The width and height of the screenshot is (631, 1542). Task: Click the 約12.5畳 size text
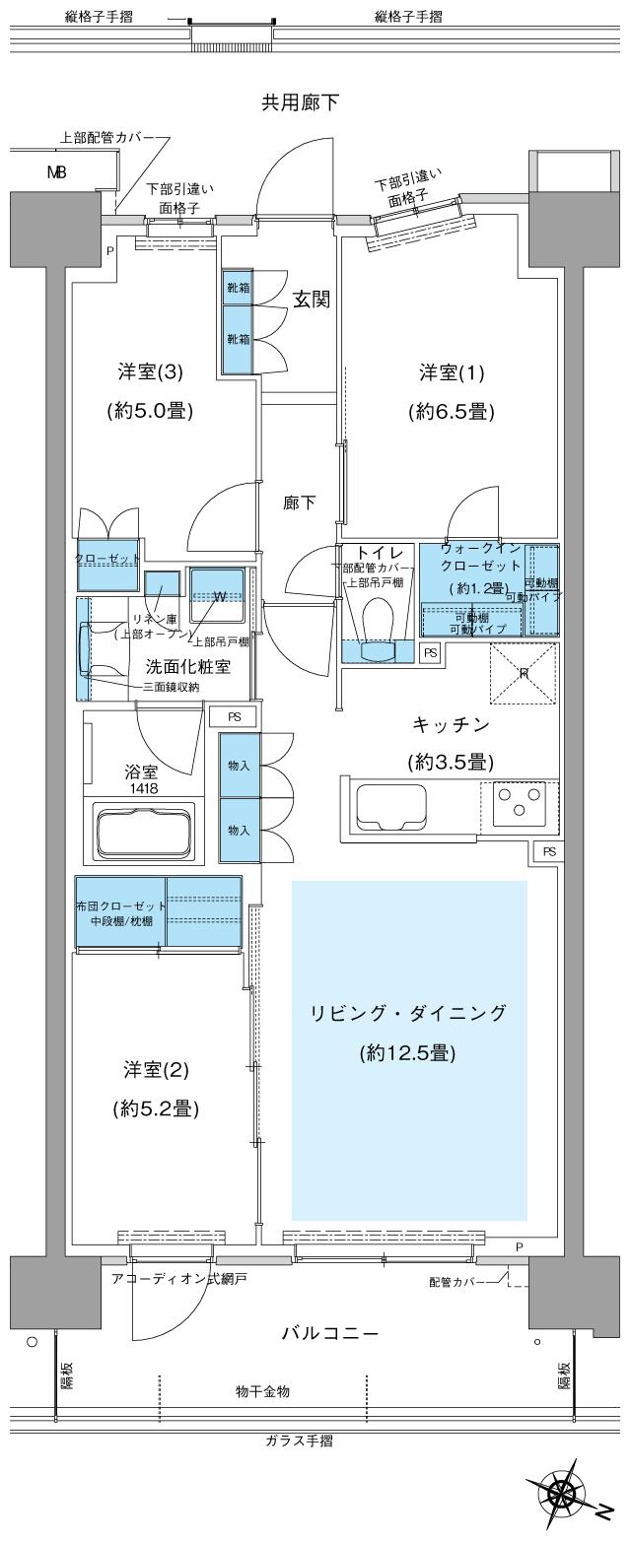[x=407, y=1053]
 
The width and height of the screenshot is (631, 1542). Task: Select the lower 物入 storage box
[x=239, y=830]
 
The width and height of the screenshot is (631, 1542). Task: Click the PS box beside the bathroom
[x=234, y=716]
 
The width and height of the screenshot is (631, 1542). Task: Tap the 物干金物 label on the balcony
[x=262, y=1391]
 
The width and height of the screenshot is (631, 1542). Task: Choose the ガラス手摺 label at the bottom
[x=299, y=1441]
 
